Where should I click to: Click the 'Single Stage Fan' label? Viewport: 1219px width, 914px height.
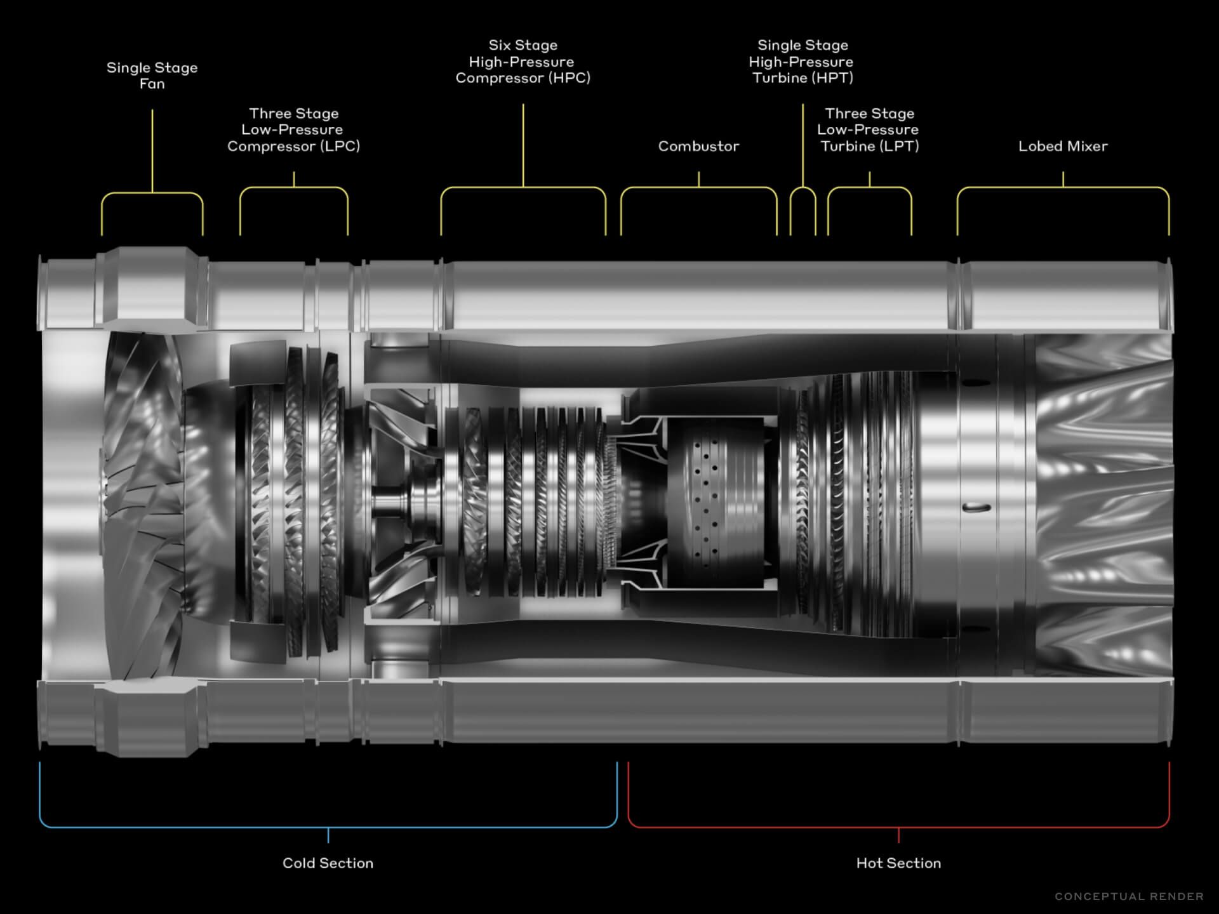pos(152,76)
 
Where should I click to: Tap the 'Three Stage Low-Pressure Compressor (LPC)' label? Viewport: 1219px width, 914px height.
pos(293,130)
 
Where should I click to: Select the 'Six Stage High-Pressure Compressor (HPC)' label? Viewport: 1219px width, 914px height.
pos(523,62)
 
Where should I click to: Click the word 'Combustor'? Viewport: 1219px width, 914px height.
pos(698,147)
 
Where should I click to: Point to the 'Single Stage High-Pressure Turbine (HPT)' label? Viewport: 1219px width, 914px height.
pos(802,62)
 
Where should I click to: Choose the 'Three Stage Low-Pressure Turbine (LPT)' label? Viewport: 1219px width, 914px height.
pos(869,130)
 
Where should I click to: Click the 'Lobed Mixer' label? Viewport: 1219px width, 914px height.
pos(1063,147)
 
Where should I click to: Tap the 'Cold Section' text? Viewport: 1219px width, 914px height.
pos(328,863)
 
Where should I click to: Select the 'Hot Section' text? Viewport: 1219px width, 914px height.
pos(898,863)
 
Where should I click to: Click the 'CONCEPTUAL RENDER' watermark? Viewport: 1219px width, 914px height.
pos(1129,896)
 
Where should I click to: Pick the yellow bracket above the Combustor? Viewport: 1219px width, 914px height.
pos(698,188)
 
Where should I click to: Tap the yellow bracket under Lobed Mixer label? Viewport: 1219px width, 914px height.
pos(1063,188)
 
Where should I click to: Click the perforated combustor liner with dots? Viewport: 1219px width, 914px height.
pos(705,501)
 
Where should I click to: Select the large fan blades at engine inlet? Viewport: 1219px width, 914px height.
pos(143,501)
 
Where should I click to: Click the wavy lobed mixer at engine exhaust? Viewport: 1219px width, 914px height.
pos(1105,501)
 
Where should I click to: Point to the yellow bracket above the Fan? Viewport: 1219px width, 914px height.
pos(152,193)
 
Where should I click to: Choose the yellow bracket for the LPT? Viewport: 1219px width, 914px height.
pos(869,188)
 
